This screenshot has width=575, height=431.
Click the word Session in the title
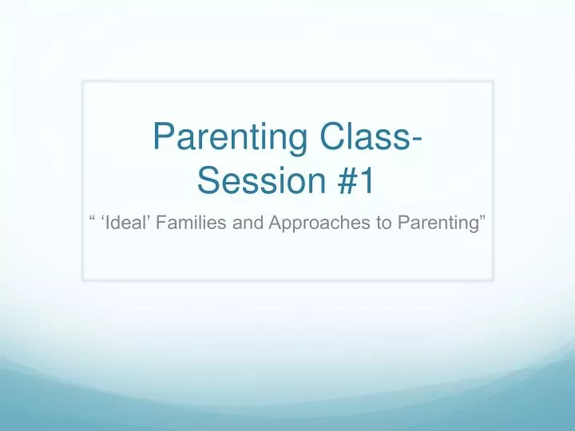point(252,183)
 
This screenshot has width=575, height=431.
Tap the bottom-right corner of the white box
point(493,279)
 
